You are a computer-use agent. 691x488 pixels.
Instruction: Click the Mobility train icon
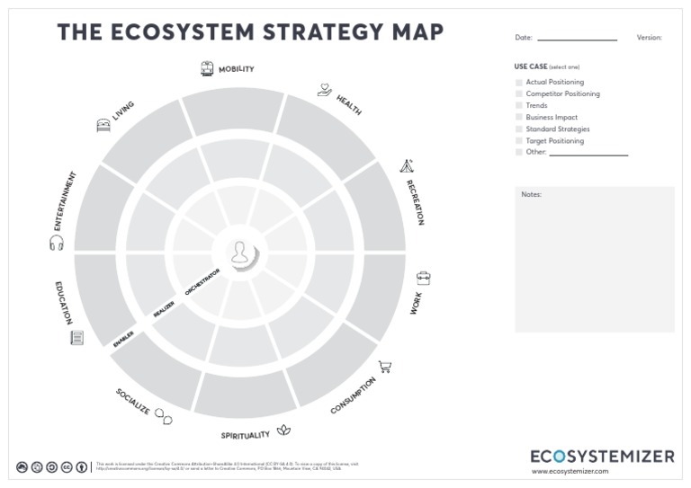(207, 68)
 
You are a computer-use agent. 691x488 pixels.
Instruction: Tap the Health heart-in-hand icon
(325, 90)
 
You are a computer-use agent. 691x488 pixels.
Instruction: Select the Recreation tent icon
(407, 166)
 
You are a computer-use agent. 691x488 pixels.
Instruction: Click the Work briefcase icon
(423, 279)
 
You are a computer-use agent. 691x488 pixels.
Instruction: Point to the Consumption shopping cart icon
(385, 367)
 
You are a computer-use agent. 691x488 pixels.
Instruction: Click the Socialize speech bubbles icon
(163, 416)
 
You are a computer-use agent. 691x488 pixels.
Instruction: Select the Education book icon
(77, 338)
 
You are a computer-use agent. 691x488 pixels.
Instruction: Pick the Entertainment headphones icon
(57, 243)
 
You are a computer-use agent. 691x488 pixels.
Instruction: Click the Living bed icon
(103, 126)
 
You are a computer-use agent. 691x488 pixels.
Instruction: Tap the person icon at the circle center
(240, 253)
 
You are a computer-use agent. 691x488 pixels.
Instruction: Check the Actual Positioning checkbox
(519, 83)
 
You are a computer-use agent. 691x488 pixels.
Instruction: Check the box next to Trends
(519, 106)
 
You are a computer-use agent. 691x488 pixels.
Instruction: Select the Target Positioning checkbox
(519, 141)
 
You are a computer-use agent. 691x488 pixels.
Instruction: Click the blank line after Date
(577, 39)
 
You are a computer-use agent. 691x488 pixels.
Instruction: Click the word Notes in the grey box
(532, 194)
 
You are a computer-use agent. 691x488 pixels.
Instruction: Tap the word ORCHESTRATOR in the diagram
(202, 281)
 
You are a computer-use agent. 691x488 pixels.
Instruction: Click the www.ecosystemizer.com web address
(570, 471)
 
